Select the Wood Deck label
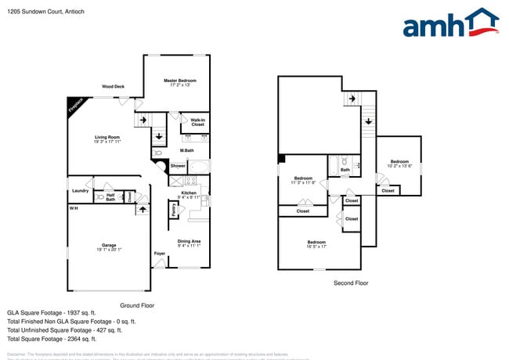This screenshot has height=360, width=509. click(113, 87)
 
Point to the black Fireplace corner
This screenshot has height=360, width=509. click(75, 106)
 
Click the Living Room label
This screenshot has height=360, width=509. click(107, 137)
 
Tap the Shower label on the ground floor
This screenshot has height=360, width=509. click(178, 166)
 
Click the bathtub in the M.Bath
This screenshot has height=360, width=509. click(200, 166)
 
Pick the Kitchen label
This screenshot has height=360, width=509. click(189, 193)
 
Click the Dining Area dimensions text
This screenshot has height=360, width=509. click(189, 246)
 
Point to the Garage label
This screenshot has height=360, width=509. click(107, 245)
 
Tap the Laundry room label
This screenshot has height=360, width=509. click(80, 191)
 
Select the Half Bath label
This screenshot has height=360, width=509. click(110, 196)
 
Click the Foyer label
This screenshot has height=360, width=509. click(160, 254)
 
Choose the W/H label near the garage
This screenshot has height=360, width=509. click(73, 208)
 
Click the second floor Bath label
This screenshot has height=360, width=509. click(345, 169)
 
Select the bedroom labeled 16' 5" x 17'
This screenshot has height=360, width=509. click(316, 244)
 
